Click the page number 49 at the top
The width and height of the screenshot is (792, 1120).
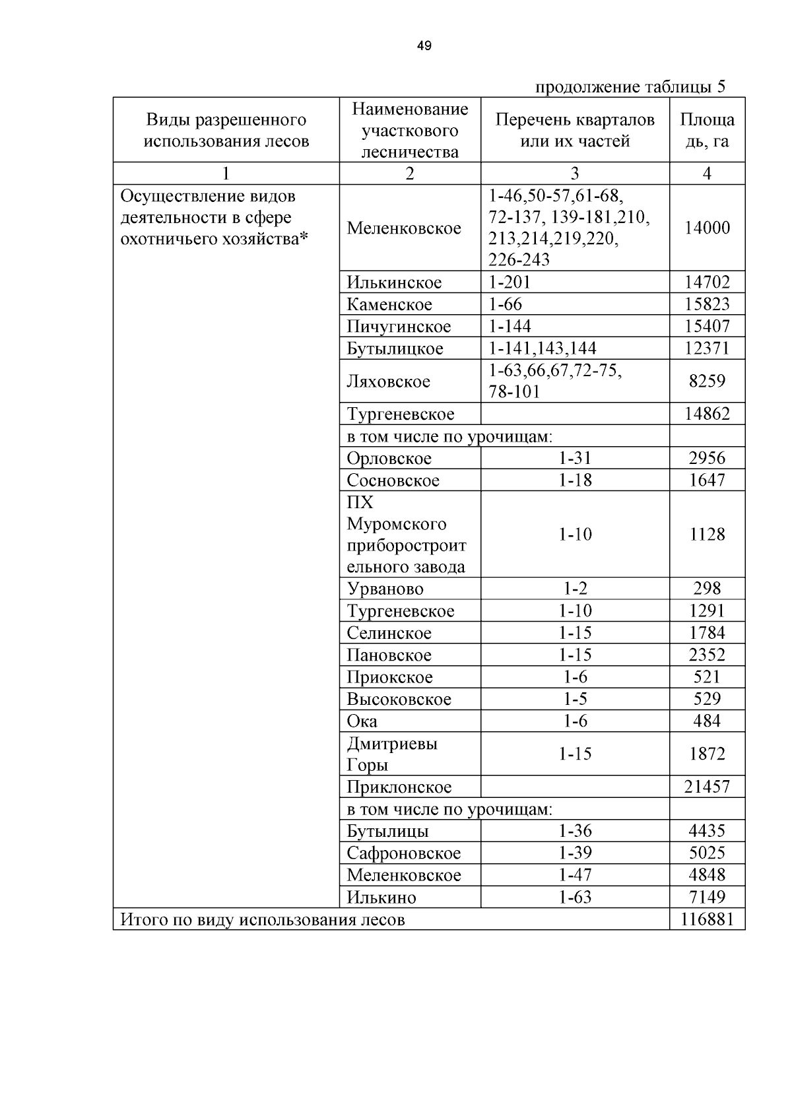point(424,46)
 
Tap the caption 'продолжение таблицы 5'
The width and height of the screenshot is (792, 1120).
point(630,87)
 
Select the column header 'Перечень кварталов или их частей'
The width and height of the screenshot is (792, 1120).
point(575,130)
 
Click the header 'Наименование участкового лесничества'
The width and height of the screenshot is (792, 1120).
point(410,130)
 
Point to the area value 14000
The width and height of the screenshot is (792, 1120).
point(707,228)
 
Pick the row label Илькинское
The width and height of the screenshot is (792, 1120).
point(394,282)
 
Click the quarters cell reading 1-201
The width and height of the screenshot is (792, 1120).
point(510,282)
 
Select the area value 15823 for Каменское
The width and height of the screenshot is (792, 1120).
point(707,304)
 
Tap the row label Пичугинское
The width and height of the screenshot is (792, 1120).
point(399,327)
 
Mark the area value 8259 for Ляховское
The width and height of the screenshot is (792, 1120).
point(707,381)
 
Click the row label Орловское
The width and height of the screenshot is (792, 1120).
point(389,458)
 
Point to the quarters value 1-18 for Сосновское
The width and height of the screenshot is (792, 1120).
point(575,480)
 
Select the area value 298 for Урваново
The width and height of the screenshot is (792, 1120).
point(707,589)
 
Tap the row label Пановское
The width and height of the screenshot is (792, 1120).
point(389,655)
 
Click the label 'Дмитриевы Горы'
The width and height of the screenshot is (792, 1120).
point(392,754)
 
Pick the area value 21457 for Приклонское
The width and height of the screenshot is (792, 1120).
point(707,787)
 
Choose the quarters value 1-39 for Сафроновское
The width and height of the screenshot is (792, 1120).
point(575,853)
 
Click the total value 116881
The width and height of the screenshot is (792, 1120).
point(707,919)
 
